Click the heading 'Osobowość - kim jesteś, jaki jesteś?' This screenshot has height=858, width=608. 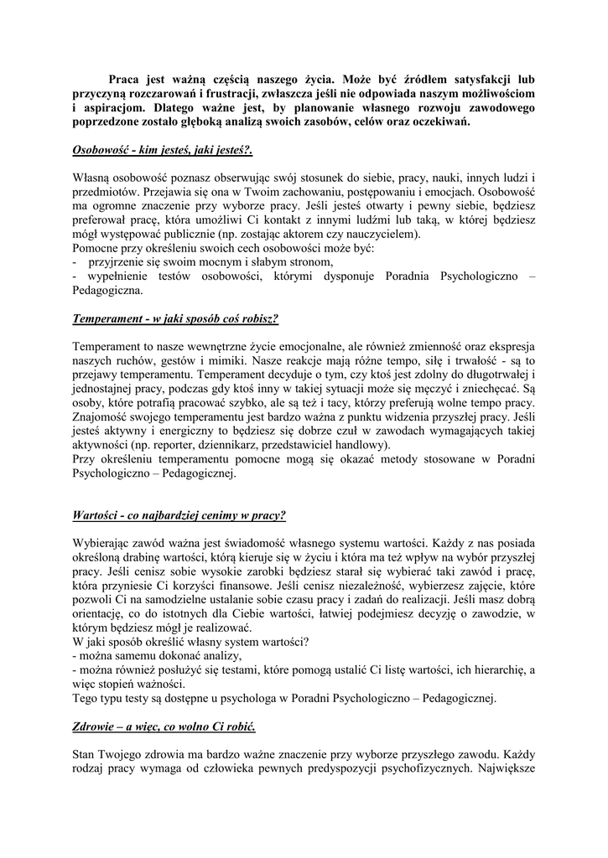163,151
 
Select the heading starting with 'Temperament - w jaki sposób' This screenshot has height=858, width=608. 175,319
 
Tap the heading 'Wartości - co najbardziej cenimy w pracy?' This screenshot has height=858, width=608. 179,514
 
